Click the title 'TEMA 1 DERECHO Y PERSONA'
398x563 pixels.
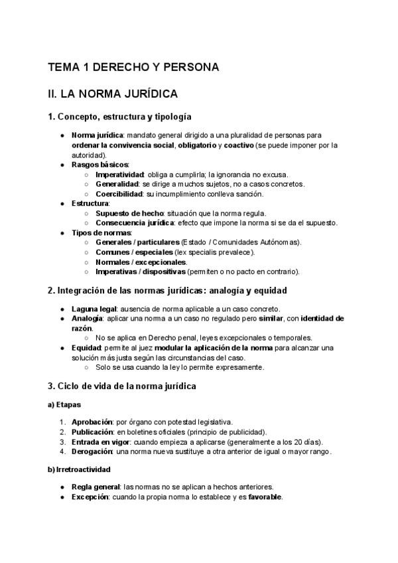133,67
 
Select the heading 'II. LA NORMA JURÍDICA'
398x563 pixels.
113,94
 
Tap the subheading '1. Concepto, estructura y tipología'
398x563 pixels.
119,117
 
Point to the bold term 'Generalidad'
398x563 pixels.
117,184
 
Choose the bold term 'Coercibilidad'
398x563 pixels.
119,194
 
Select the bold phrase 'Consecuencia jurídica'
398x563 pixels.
136,223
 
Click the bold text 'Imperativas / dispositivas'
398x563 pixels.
141,272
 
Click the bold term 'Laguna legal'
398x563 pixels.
94,309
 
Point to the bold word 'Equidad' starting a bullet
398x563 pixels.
87,348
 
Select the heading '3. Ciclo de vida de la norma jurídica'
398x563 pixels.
121,386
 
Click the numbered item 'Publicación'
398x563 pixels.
94,432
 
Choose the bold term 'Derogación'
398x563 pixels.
93,451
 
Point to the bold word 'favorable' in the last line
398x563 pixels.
265,497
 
